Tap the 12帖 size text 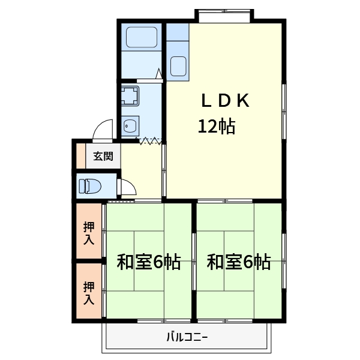(x=216, y=126)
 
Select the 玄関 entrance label (x=103, y=157)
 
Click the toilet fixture (x=88, y=186)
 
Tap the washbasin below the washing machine (x=130, y=125)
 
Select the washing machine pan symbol (x=130, y=96)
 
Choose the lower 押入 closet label (x=89, y=292)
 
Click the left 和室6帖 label (x=148, y=262)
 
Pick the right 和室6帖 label (x=238, y=262)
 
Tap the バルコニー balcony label (x=187, y=337)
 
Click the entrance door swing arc (x=104, y=130)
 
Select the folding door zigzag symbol (x=150, y=141)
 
